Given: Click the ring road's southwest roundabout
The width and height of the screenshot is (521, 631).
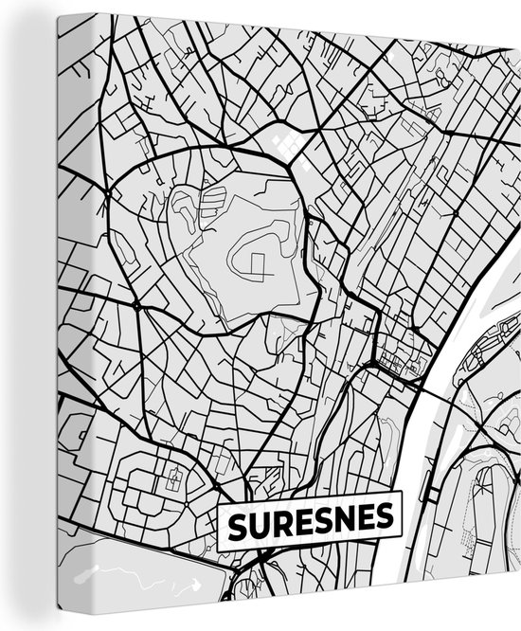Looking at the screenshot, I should (x=138, y=309).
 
